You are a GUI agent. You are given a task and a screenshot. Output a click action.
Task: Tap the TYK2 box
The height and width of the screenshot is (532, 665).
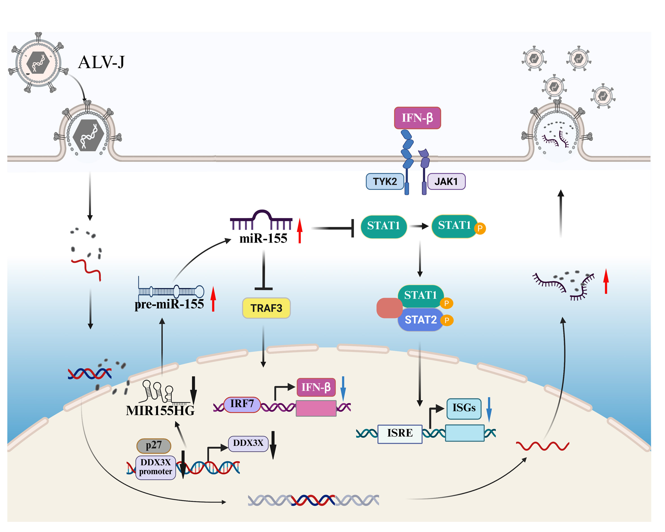385,182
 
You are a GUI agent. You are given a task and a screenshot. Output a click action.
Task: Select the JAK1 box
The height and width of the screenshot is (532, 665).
446,182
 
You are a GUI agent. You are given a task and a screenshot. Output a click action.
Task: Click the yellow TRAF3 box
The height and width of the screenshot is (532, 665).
266,308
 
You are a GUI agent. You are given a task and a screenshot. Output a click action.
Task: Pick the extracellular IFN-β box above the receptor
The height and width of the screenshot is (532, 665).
417,118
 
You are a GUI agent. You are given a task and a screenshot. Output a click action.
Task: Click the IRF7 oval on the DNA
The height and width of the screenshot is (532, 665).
242,404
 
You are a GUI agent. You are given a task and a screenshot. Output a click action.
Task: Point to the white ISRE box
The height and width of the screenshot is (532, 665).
400,433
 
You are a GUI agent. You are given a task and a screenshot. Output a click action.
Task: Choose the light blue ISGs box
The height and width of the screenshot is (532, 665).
464,408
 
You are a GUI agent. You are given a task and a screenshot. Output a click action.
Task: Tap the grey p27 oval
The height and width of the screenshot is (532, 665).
154,445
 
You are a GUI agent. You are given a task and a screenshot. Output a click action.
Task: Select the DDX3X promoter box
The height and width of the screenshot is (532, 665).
155,467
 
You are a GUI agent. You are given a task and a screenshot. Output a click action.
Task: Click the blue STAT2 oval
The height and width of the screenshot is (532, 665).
420,320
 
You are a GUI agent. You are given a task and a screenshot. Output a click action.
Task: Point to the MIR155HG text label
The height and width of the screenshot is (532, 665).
160,411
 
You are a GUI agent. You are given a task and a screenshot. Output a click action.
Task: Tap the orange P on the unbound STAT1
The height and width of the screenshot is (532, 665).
480,229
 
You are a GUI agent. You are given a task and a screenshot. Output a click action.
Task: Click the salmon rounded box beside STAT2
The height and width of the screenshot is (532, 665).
389,308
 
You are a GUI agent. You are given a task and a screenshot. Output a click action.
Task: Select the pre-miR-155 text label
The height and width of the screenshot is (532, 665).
169,304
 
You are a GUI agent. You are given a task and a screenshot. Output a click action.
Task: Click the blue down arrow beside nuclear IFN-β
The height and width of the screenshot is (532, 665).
343,388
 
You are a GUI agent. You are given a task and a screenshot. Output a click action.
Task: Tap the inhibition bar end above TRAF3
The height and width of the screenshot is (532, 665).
263,289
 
